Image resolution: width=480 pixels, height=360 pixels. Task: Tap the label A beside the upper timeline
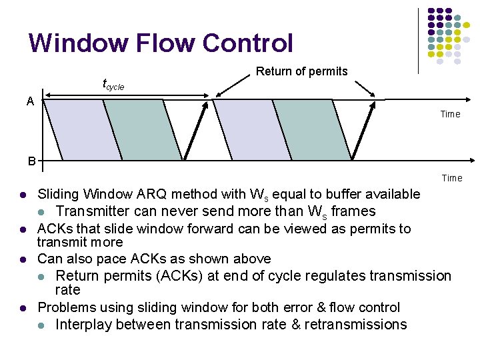(30, 101)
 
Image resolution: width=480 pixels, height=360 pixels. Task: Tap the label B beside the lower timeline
(31, 161)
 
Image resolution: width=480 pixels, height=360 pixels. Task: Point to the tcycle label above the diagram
(113, 85)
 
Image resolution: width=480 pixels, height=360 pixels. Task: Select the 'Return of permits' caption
(301, 71)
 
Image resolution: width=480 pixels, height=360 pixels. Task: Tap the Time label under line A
(450, 114)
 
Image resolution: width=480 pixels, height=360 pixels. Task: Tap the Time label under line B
(451, 178)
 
